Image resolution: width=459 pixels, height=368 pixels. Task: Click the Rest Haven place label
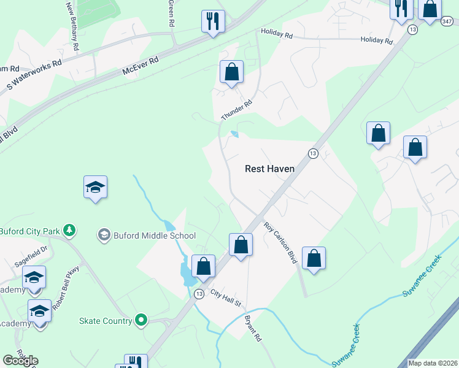[269, 168]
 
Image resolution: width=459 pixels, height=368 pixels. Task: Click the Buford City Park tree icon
[70, 231]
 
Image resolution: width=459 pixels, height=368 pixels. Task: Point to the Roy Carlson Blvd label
[280, 243]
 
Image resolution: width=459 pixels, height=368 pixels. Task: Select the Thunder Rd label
[236, 110]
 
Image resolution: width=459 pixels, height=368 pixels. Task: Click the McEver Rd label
[141, 66]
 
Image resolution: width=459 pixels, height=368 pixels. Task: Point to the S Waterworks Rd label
[34, 76]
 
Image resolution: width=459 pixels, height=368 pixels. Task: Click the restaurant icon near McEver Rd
[213, 21]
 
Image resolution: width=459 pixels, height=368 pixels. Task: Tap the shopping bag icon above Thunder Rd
[232, 72]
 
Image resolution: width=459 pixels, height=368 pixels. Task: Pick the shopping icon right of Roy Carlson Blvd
[314, 258]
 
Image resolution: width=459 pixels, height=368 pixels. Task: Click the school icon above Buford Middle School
[96, 187]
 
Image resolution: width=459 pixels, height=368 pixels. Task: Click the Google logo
[20, 361]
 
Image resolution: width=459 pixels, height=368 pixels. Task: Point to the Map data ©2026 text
[433, 363]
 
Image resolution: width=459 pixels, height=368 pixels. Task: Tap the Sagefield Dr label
[31, 256]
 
